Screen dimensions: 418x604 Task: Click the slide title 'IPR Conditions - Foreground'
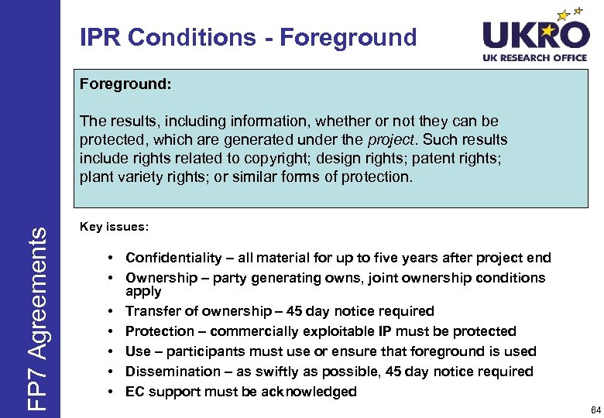[248, 37]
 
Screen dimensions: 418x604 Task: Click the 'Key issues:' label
[115, 228]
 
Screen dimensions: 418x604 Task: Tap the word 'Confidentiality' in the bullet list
[173, 258]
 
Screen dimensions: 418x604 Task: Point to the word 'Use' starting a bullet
[139, 351]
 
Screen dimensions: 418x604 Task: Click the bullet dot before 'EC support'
[113, 392]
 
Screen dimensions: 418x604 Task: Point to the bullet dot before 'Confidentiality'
[113, 258]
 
